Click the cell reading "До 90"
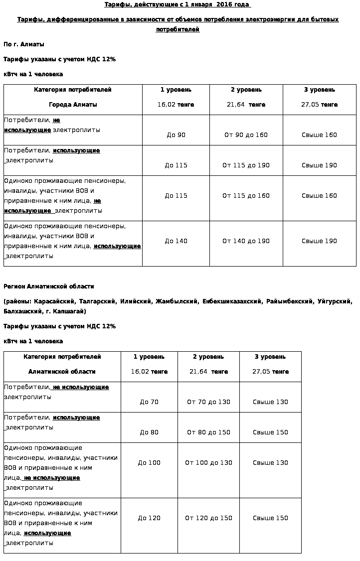[x=176, y=135]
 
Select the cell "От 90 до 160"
[x=246, y=135]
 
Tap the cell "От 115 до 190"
[x=246, y=165]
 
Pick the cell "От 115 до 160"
[x=246, y=196]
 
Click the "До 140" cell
[x=176, y=241]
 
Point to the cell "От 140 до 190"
[x=246, y=241]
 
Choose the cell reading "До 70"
[x=149, y=402]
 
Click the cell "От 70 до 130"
[x=208, y=402]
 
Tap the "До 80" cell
[x=149, y=432]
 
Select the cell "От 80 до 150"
[x=208, y=432]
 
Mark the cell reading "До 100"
[x=149, y=463]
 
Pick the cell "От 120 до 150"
[x=208, y=518]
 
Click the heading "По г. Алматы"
[x=24, y=44]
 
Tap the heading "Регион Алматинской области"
[x=49, y=286]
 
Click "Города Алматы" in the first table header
[x=73, y=105]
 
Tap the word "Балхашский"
[x=21, y=311]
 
